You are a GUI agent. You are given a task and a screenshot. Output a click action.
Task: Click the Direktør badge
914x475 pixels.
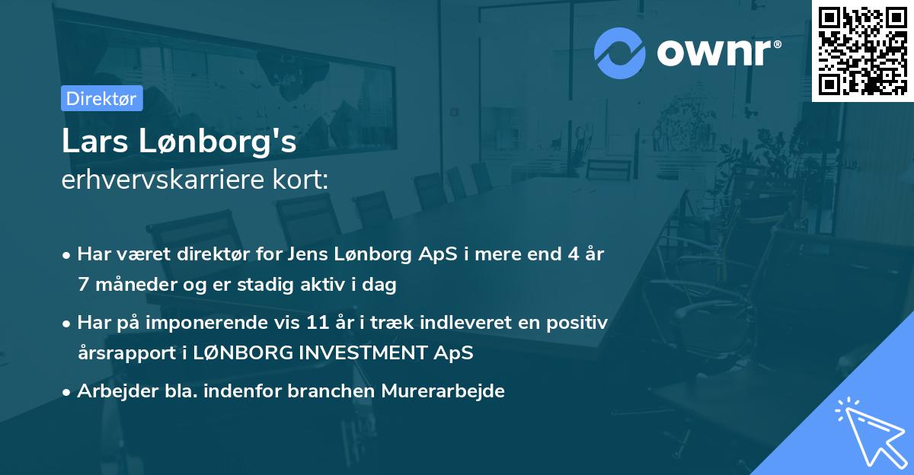click(101, 98)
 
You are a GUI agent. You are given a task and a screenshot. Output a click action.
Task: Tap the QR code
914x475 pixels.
click(862, 51)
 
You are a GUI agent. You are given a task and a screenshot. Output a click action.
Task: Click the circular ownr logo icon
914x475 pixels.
click(620, 53)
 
